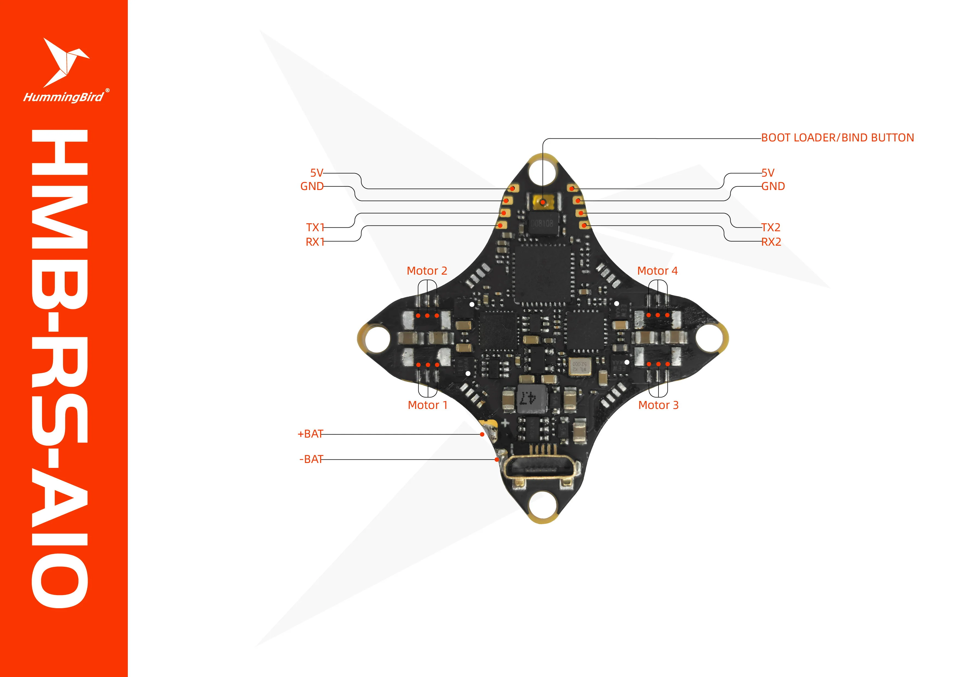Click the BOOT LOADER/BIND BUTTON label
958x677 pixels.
click(x=837, y=138)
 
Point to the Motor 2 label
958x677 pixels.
click(x=426, y=271)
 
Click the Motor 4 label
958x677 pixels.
click(x=657, y=271)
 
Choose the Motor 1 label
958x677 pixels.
click(x=427, y=405)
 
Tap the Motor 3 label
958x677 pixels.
click(x=658, y=405)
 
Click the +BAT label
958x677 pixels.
click(x=310, y=434)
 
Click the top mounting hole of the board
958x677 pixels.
click(x=542, y=171)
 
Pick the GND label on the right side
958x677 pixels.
click(x=773, y=186)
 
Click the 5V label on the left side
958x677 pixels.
click(x=316, y=173)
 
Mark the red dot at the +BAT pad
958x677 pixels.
click(x=482, y=434)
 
